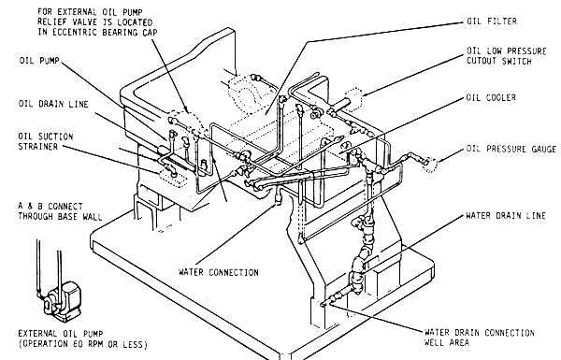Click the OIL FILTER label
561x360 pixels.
493,19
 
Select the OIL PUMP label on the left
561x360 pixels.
38,57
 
